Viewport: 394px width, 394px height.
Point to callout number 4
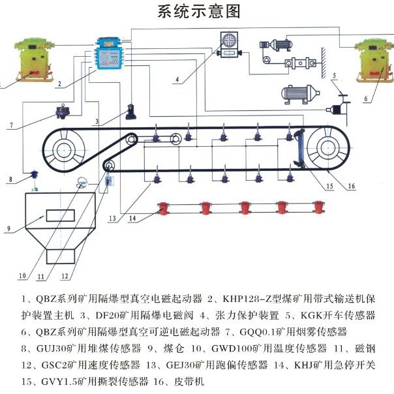(x=176, y=80)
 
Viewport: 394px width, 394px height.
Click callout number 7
(x=11, y=124)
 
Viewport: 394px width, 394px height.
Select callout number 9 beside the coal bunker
(x=8, y=229)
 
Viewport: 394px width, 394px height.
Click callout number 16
(x=351, y=186)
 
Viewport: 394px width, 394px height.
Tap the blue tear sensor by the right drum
(x=300, y=149)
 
